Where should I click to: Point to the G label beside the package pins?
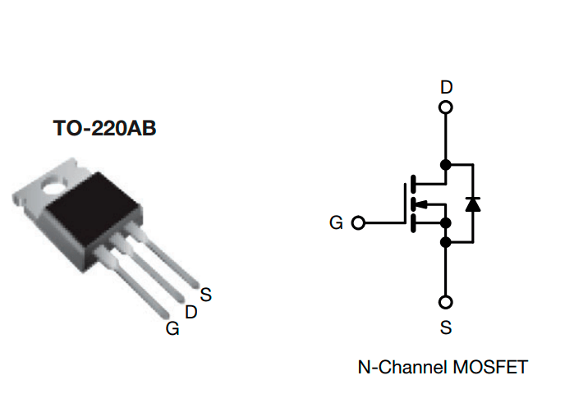172,328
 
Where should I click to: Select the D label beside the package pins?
191,312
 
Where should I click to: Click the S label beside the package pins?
205,295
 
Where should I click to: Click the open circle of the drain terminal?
446,108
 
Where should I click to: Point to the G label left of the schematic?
336,222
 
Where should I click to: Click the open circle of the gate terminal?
357,222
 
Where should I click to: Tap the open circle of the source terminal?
446,301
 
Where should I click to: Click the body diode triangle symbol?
472,203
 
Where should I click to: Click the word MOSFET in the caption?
489,367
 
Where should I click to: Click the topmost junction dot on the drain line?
446,164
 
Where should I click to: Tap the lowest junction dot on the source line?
446,242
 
